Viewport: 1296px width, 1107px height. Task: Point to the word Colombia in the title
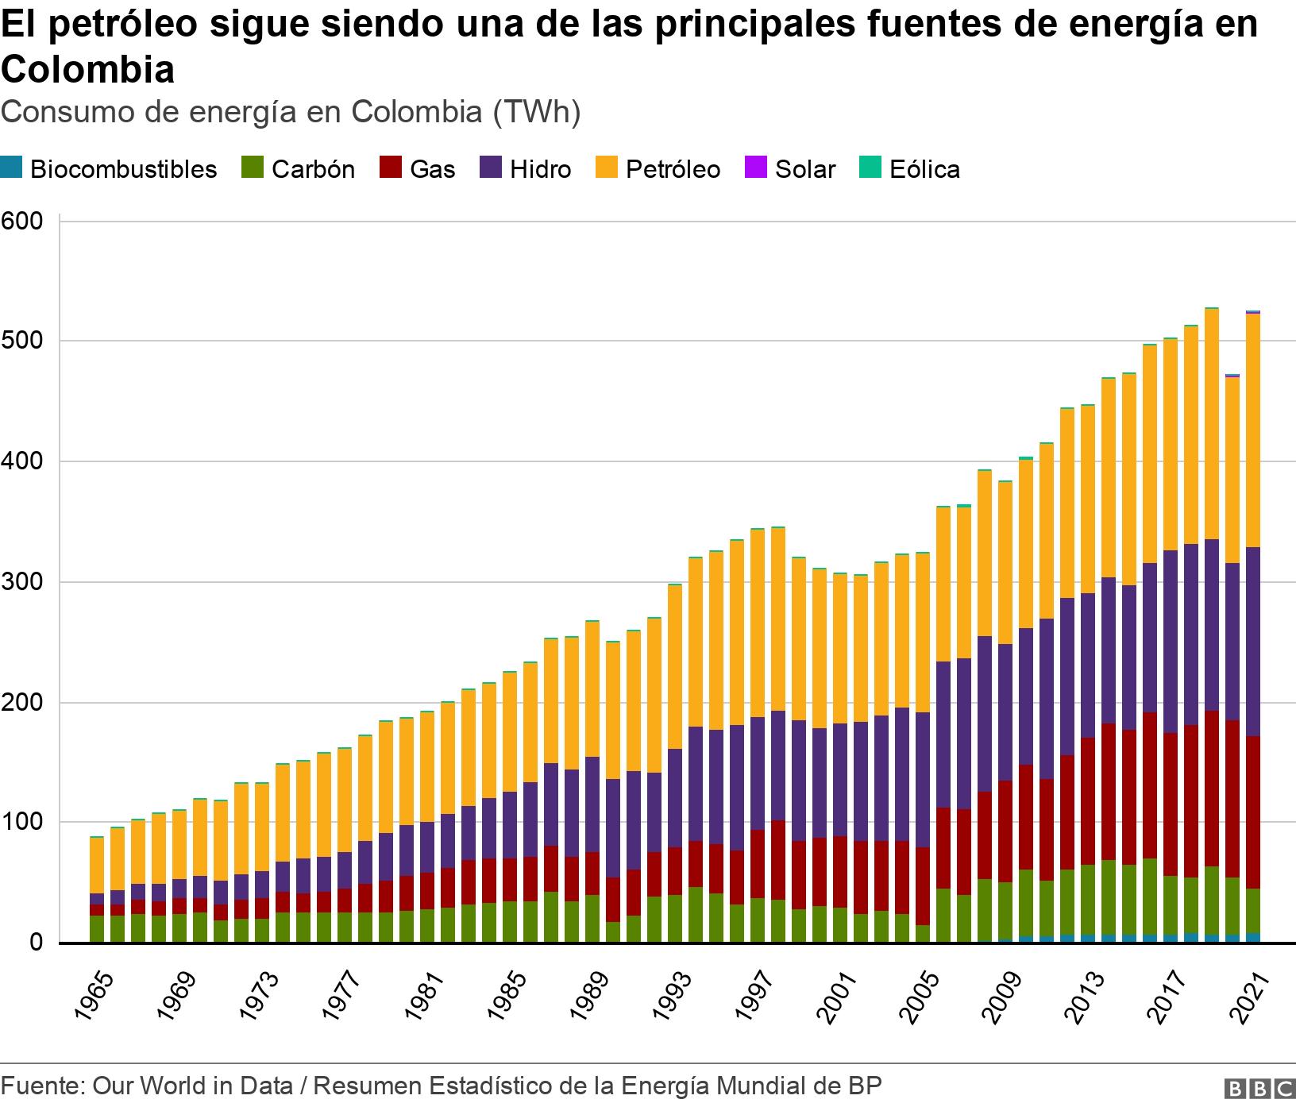pos(87,70)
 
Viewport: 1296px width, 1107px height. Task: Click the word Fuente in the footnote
pos(40,1086)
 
